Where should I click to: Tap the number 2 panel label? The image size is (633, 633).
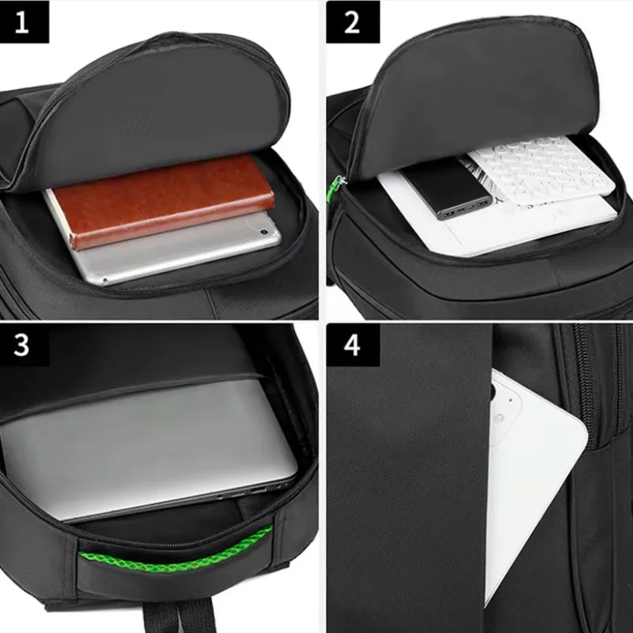click(351, 21)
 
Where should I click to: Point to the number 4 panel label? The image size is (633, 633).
click(351, 346)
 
